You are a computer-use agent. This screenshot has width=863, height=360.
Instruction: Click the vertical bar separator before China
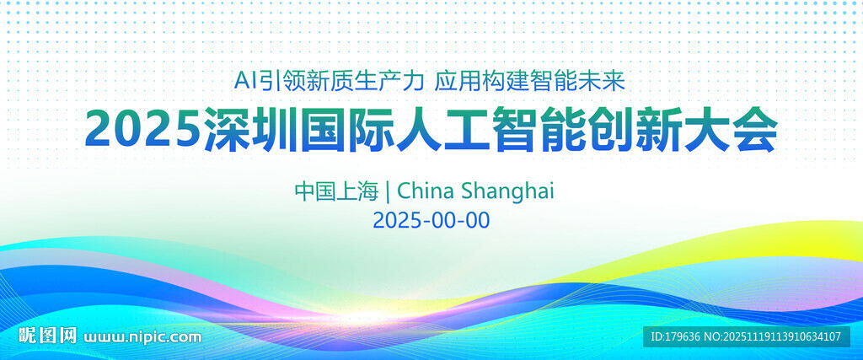point(388,191)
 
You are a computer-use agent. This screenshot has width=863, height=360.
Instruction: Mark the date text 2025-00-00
point(431,221)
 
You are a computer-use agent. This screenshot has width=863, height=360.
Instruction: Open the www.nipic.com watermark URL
point(143,337)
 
